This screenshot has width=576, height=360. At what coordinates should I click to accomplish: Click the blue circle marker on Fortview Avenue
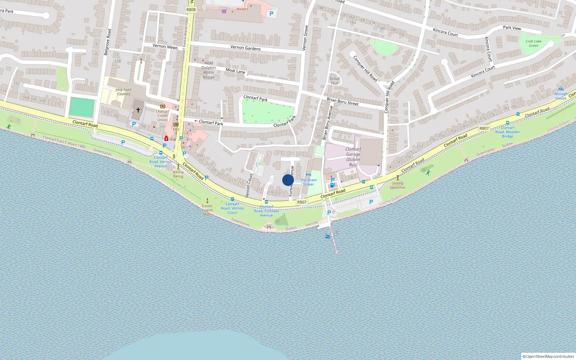click(288, 180)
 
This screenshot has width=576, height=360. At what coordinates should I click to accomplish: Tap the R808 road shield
click(191, 10)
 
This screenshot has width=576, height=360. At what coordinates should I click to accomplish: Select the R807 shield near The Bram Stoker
click(302, 202)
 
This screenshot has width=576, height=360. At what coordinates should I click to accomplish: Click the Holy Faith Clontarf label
click(123, 92)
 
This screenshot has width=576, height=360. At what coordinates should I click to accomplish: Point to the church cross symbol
click(138, 110)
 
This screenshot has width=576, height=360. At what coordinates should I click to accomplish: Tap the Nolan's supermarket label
click(242, 9)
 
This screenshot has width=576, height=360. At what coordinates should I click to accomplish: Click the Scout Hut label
click(334, 81)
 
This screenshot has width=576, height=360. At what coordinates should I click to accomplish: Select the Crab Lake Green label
click(533, 43)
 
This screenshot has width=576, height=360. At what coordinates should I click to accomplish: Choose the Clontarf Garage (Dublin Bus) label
click(353, 157)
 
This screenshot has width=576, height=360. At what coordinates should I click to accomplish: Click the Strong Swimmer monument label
click(397, 185)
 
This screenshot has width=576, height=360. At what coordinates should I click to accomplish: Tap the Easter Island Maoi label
click(207, 210)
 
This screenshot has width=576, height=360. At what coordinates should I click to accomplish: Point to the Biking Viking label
click(178, 174)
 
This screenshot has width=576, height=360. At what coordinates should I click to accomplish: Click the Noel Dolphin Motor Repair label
click(209, 70)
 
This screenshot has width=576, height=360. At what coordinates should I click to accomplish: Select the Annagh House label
click(561, 96)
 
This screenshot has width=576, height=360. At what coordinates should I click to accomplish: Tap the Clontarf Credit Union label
click(162, 115)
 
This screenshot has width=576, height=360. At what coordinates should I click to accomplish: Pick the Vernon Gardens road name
click(246, 48)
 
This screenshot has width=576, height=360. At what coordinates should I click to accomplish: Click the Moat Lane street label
click(235, 71)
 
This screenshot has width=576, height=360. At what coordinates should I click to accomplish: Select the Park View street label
click(512, 28)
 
